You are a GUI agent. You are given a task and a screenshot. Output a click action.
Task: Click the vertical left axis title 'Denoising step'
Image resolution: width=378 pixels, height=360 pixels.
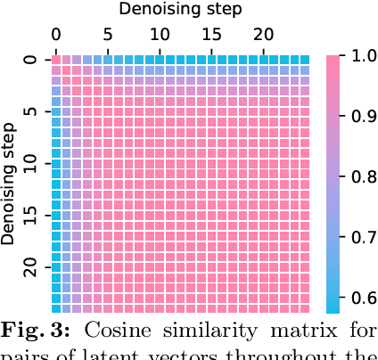click(x=11, y=184)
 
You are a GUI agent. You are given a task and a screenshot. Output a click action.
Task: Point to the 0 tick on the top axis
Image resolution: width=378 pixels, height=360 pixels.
click(x=55, y=34)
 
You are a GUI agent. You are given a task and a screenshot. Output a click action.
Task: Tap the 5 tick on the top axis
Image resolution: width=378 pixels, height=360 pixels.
click(x=108, y=34)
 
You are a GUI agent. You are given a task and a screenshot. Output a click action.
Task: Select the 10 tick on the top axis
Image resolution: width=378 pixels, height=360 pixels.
click(x=160, y=34)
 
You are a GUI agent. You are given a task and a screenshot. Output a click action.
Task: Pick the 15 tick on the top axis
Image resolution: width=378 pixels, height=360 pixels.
click(x=211, y=34)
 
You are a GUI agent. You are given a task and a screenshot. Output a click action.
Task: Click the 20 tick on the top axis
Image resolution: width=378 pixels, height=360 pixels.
click(x=263, y=34)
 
